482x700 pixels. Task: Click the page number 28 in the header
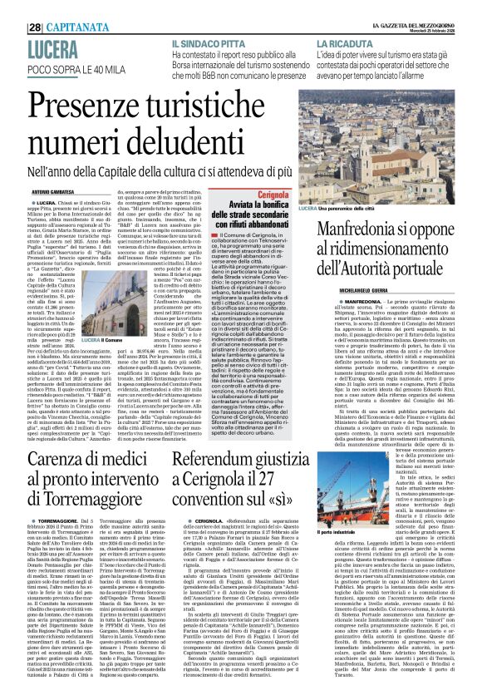click(35, 27)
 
